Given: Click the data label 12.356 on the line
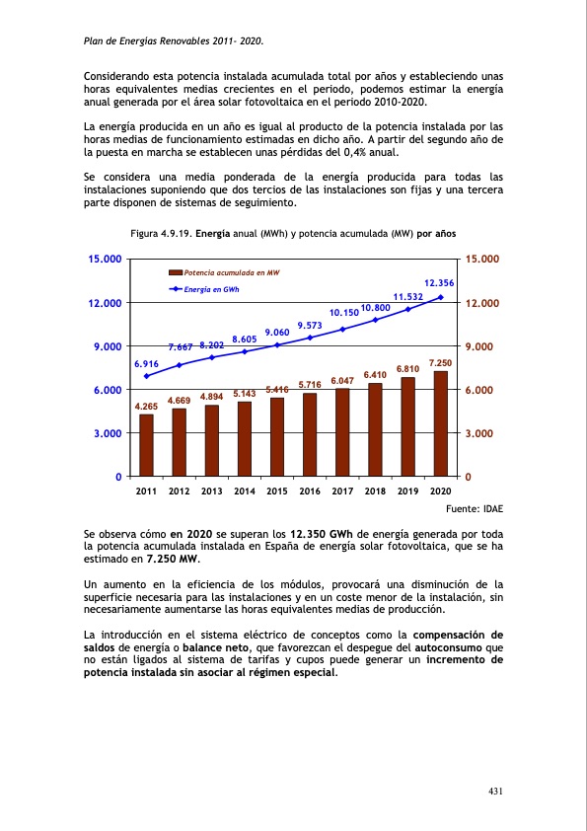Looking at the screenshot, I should (439, 283).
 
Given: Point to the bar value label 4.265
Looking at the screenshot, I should (146, 407).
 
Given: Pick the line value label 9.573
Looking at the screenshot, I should (310, 325).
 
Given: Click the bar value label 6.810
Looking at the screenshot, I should (408, 369).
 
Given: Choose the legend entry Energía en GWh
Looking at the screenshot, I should (212, 289).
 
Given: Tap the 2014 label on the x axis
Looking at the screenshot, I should (245, 491).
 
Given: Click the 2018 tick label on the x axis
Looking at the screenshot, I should (375, 491).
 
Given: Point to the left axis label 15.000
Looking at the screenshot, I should (105, 260).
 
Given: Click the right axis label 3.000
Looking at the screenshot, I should (482, 434).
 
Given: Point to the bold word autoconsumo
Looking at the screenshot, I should (459, 647).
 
